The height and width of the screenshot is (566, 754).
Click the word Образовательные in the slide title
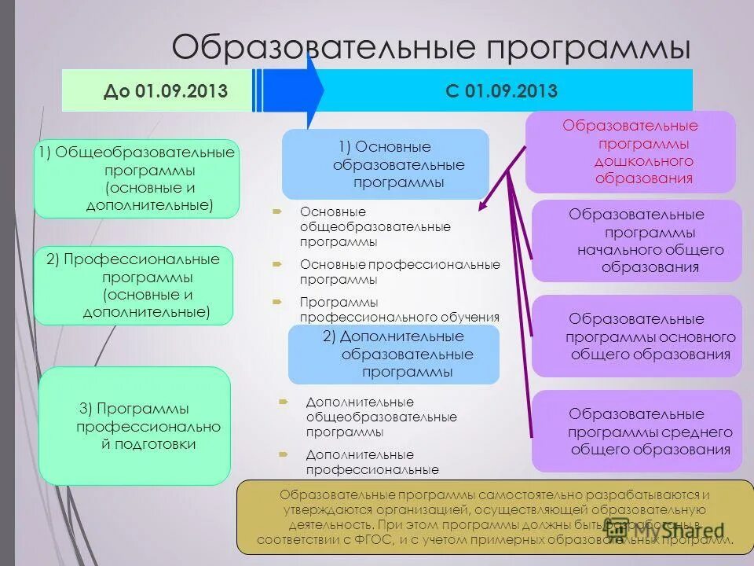[x=324, y=46]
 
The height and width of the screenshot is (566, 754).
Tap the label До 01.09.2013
[x=166, y=91]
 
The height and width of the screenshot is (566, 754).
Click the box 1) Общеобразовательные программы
[x=137, y=178]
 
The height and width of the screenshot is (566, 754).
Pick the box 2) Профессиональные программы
[x=134, y=285]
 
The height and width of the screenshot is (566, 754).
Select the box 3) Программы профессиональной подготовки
[x=135, y=425]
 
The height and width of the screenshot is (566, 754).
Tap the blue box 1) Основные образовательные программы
[x=386, y=164]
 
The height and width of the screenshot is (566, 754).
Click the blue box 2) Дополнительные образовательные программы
[x=393, y=355]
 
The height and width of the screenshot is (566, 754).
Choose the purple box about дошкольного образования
[x=630, y=152]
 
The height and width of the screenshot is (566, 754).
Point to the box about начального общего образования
[x=636, y=241]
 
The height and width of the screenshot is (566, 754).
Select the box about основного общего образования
[x=636, y=336]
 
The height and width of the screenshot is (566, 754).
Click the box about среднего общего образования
[x=636, y=431]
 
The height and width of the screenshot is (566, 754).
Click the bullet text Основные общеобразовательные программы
[x=375, y=226]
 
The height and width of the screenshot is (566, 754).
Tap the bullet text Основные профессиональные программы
[x=399, y=271]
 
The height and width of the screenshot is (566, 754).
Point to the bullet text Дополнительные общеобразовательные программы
[x=381, y=417]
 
